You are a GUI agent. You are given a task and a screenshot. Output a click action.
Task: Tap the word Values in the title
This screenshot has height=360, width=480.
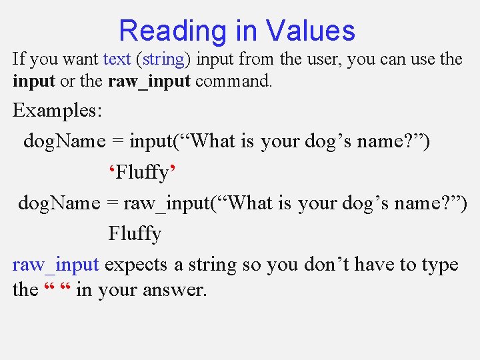pyautogui.click(x=310, y=31)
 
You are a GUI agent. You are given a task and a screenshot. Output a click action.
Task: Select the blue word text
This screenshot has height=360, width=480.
pyautogui.click(x=117, y=59)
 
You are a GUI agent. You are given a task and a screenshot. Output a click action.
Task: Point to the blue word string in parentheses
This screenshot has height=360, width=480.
pyautogui.click(x=163, y=59)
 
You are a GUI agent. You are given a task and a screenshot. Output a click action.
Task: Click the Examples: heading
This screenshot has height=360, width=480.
pyautogui.click(x=57, y=110)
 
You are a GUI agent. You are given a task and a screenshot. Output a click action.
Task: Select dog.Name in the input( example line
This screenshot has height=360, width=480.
pyautogui.click(x=64, y=141)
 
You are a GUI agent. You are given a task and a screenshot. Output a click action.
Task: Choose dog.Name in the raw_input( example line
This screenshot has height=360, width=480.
pyautogui.click(x=59, y=203)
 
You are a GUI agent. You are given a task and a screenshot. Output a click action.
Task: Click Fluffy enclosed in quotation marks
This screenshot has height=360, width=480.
pyautogui.click(x=142, y=173)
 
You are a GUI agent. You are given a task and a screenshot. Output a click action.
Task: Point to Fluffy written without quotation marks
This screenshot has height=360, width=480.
pyautogui.click(x=135, y=234)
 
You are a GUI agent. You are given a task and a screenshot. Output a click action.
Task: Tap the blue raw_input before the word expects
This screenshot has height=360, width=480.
pyautogui.click(x=56, y=265)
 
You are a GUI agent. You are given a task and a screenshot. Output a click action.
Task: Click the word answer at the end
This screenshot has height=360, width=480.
pyautogui.click(x=172, y=291)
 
